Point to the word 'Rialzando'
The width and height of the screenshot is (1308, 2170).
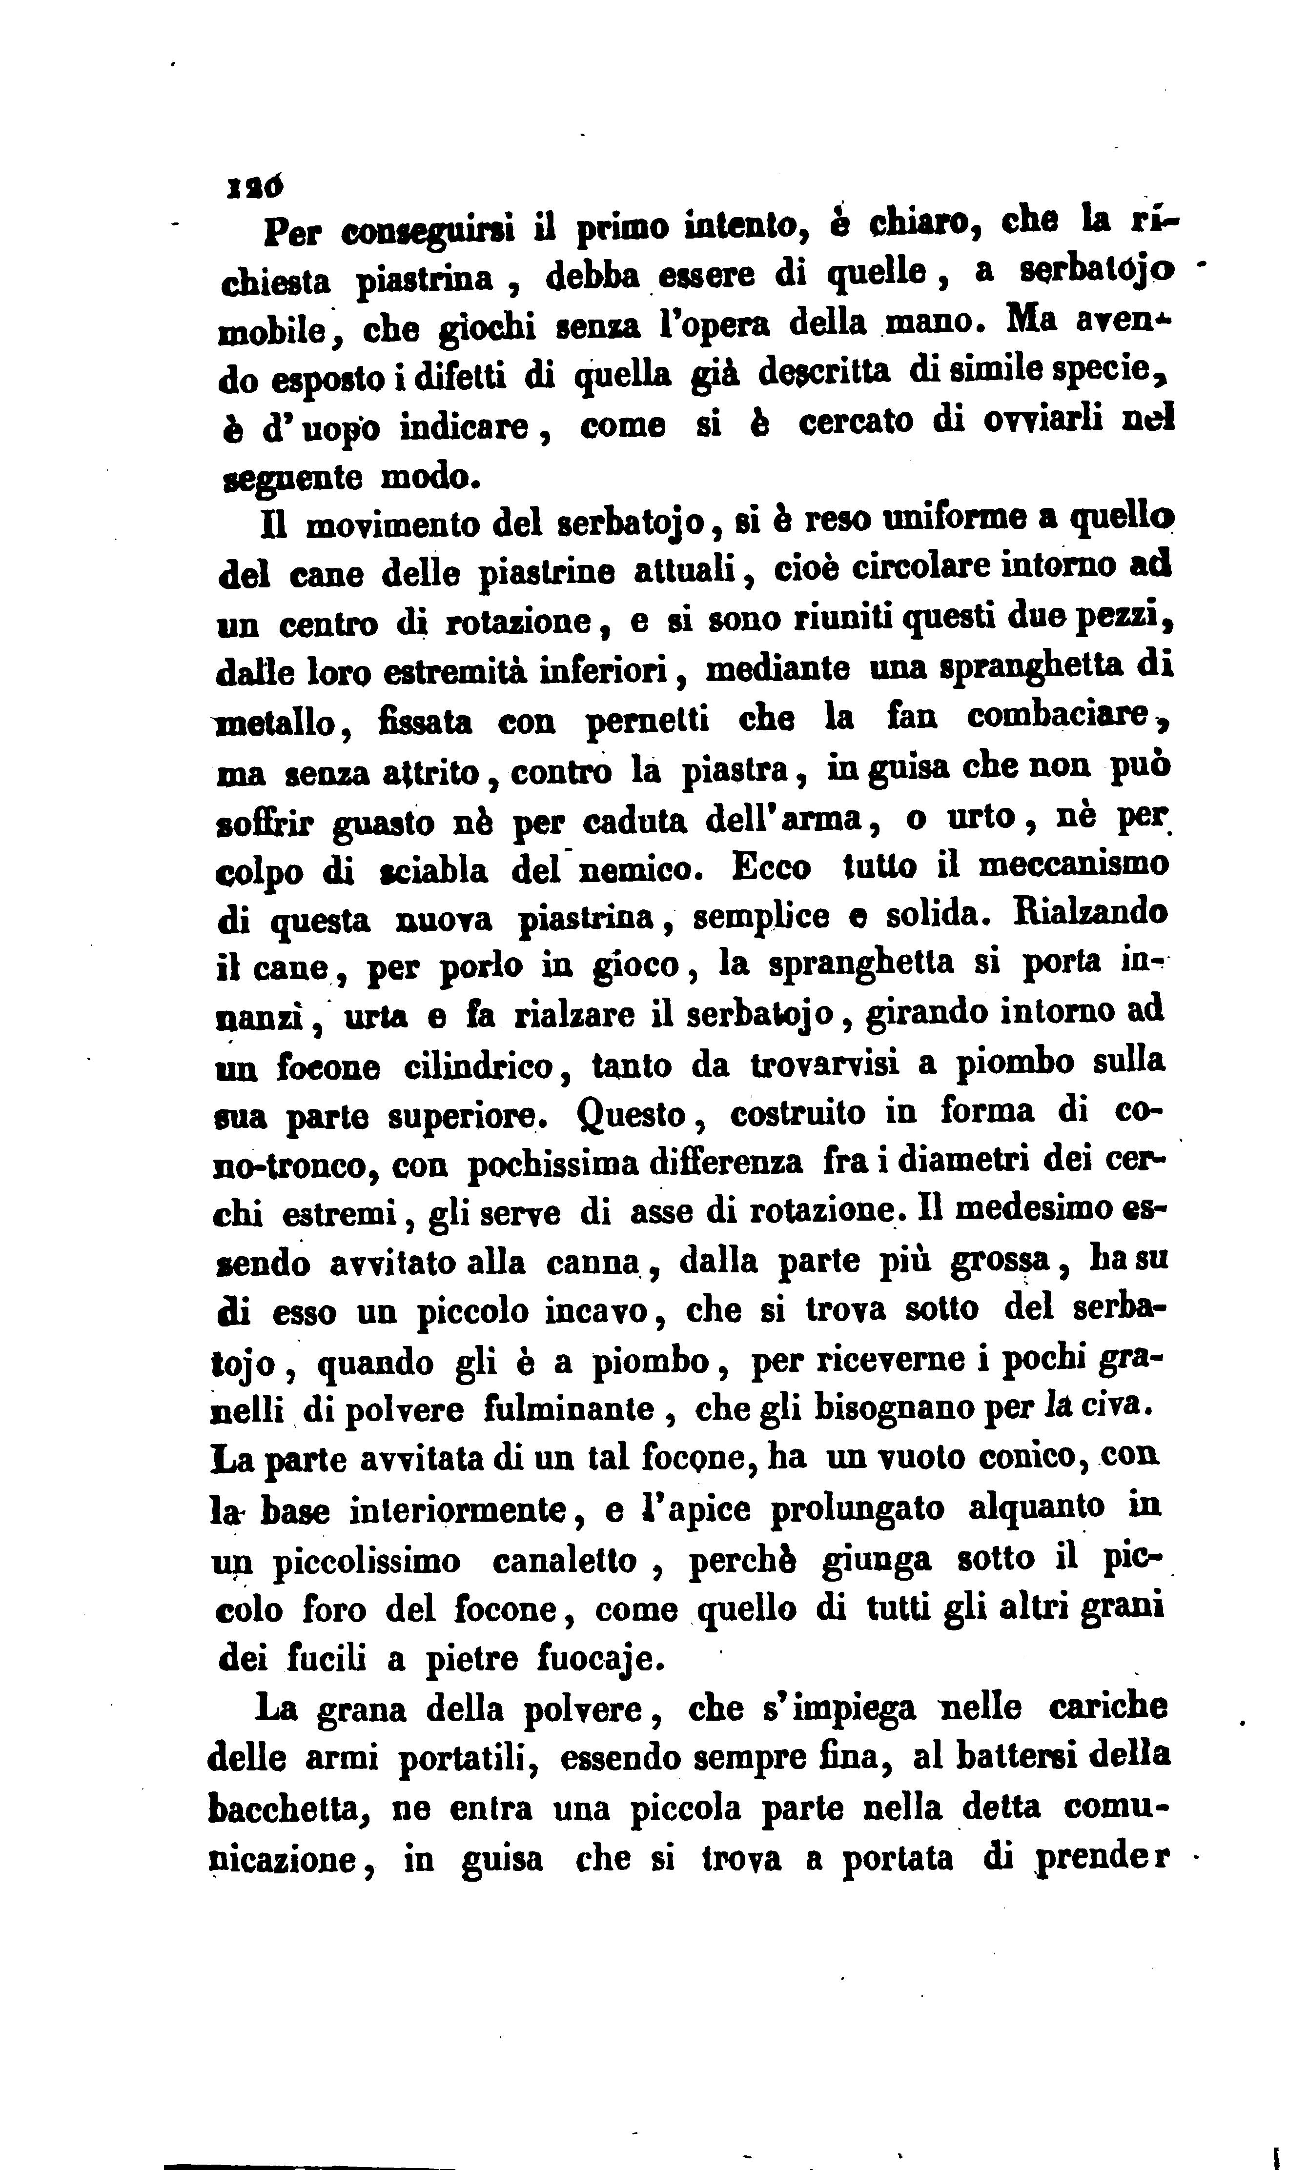coord(1090,912)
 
